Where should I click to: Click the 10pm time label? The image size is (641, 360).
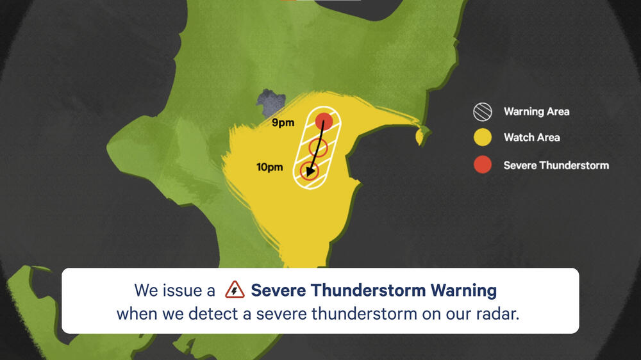click(x=269, y=168)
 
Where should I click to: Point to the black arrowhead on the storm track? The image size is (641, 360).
click(x=310, y=172)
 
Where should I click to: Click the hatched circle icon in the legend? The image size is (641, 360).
click(x=482, y=112)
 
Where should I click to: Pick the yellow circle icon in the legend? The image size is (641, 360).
click(x=482, y=137)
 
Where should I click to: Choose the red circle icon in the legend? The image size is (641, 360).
click(x=482, y=165)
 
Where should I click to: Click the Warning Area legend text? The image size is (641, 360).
click(x=536, y=111)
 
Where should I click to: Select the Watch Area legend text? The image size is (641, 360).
click(x=531, y=137)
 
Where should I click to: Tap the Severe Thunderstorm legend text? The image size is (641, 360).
click(x=556, y=165)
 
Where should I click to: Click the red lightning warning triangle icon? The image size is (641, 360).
click(x=235, y=291)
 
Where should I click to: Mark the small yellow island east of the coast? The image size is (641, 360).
click(x=421, y=135)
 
